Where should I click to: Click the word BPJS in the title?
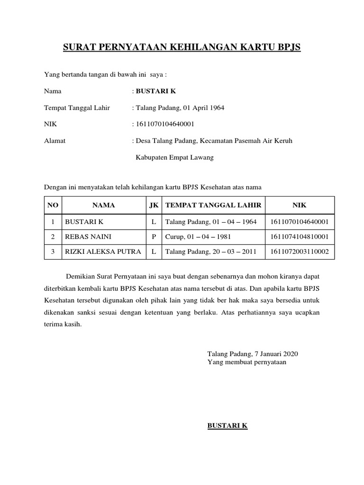tap(287, 48)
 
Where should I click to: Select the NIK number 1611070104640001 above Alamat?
tap(164, 124)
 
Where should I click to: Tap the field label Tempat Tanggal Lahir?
tap(77, 108)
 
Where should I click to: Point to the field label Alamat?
tap(55, 141)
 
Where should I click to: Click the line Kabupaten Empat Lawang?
tap(175, 157)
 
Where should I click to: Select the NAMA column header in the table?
tap(104, 205)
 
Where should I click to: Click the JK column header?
tap(154, 205)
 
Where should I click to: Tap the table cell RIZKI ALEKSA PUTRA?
tap(103, 251)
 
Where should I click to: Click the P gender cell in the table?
tap(154, 236)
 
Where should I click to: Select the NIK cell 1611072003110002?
tap(300, 251)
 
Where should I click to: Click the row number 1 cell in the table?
tap(53, 221)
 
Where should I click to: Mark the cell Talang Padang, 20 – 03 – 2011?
tap(211, 251)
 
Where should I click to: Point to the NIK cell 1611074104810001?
tap(300, 236)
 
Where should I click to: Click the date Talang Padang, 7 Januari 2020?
tap(253, 354)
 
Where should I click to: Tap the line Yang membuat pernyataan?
tap(247, 362)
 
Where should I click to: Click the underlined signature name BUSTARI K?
tap(227, 426)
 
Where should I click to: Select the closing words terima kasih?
tap(63, 324)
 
